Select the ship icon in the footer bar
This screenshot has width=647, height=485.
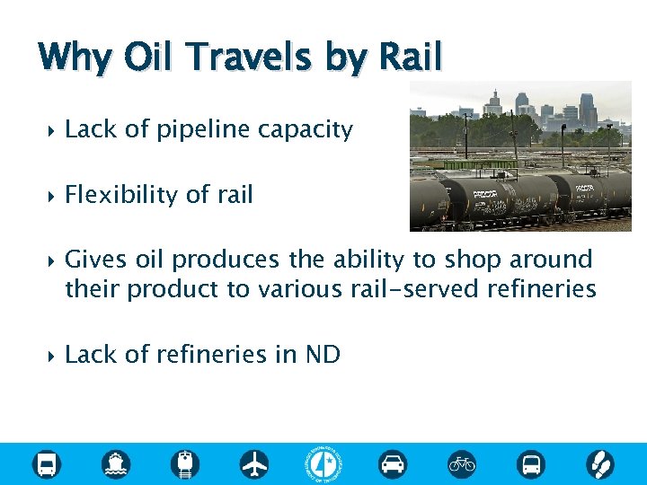click(116, 464)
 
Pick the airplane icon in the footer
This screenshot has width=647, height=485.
click(254, 464)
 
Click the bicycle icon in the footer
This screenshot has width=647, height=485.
click(462, 464)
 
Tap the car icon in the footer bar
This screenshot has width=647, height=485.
click(393, 464)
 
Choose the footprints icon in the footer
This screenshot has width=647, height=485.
click(599, 464)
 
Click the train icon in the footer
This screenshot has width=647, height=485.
click(185, 464)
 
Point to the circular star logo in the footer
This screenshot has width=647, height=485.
click(323, 464)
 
